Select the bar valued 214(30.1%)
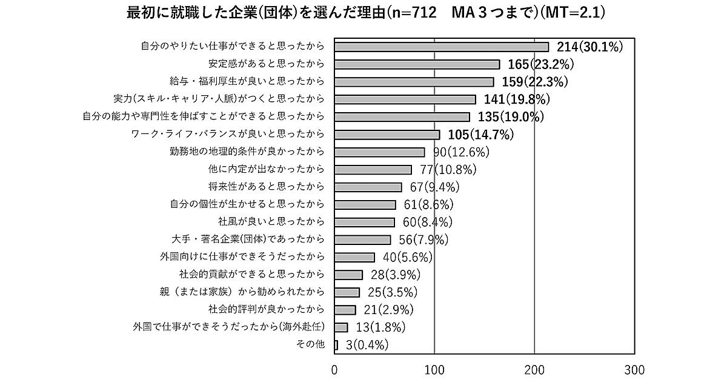click(442, 47)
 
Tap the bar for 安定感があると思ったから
click(417, 64)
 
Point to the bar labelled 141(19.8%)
click(405, 99)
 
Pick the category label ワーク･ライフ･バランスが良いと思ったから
click(228, 133)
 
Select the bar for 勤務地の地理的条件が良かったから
click(379, 152)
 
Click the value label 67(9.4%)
click(435, 186)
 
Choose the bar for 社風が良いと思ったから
click(364, 222)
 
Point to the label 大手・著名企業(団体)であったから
click(249, 239)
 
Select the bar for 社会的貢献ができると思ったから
click(348, 275)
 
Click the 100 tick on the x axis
click(434, 370)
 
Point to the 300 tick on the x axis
click(634, 370)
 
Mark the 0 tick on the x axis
click(334, 370)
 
